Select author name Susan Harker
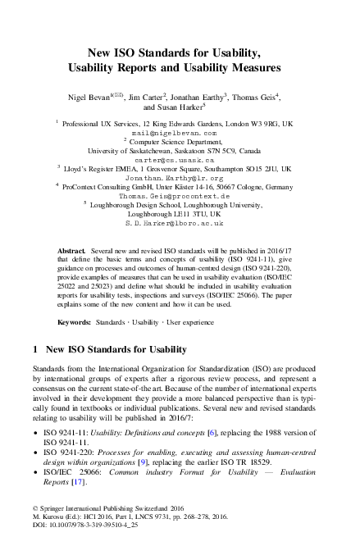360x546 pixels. pyautogui.click(x=178, y=107)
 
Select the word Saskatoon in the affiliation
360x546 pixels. pyautogui.click(x=188, y=152)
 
